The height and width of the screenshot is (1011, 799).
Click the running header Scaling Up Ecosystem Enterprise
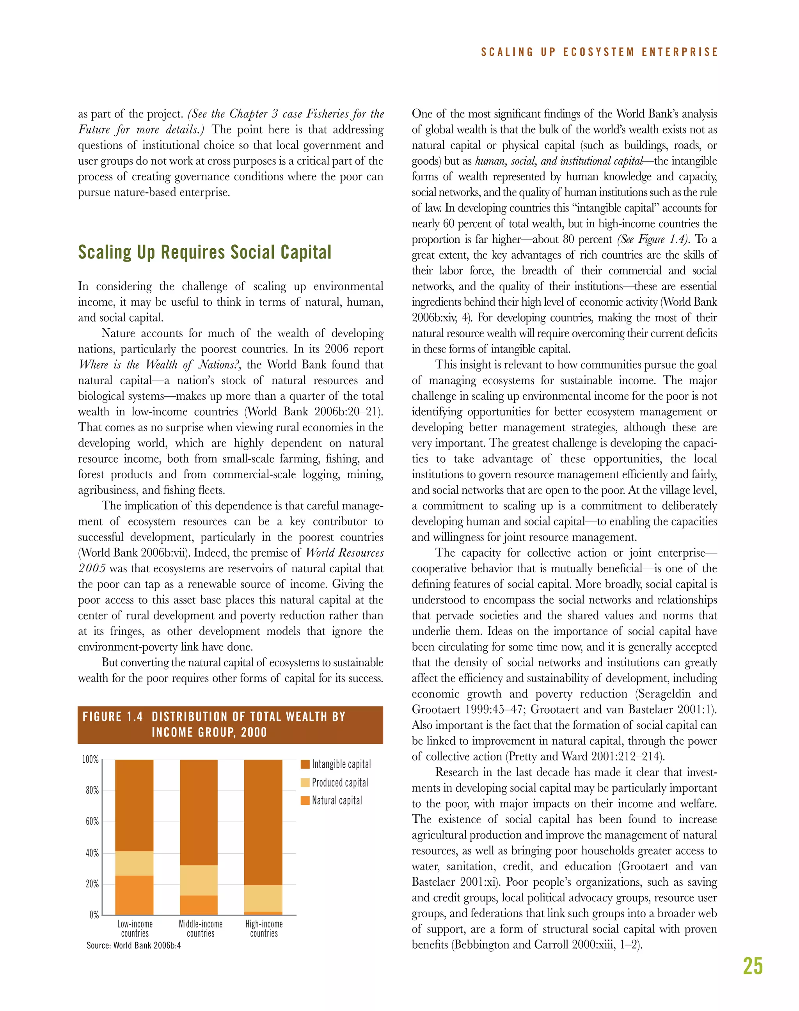[x=599, y=52]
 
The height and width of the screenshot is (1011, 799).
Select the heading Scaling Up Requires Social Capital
[x=204, y=252]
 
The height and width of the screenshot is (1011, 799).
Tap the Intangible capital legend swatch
[x=305, y=764]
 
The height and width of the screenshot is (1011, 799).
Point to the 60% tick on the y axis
[x=92, y=821]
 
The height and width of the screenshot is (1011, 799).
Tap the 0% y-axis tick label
[x=94, y=915]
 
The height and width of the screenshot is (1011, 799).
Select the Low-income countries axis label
[x=135, y=929]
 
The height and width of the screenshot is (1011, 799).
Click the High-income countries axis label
[x=264, y=929]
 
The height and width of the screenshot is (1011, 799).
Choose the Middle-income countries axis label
[x=201, y=929]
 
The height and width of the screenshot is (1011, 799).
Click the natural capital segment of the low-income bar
[x=134, y=895]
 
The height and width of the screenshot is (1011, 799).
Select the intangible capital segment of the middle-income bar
[x=199, y=812]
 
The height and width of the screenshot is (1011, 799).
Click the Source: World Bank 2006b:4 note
[x=133, y=945]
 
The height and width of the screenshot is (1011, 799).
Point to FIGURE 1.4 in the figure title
[x=113, y=717]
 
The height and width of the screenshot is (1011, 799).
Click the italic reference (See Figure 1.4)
[x=653, y=240]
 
